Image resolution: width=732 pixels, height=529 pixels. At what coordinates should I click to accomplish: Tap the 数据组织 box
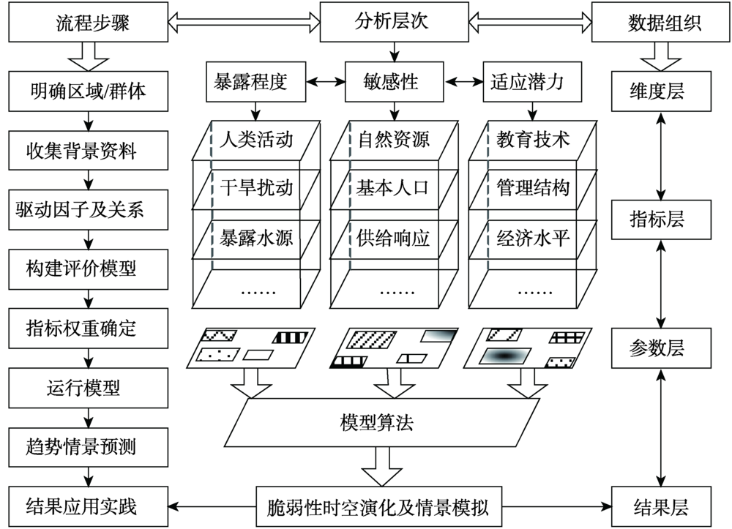point(664,23)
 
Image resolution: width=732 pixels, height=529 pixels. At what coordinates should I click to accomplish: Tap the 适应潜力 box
point(526,82)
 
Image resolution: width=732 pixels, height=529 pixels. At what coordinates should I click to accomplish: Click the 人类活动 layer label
point(256,138)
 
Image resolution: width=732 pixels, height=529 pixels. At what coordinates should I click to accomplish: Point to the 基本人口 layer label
point(393,188)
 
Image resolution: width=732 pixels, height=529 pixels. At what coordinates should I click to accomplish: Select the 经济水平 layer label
point(533,239)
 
